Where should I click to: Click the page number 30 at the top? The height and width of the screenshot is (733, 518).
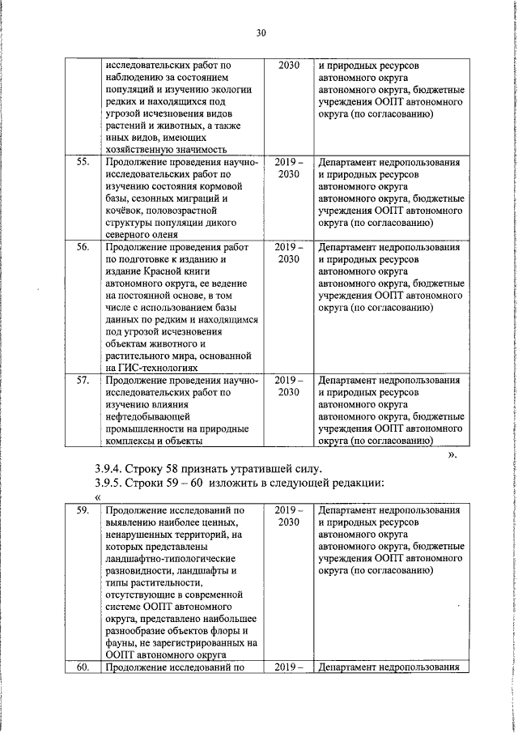pos(260,33)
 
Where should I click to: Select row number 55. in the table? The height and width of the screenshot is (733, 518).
pos(82,161)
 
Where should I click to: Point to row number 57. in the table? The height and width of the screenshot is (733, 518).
pos(82,380)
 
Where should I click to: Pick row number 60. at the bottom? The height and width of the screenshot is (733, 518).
pos(82,668)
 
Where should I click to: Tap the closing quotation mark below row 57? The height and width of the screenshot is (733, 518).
pos(452,455)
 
